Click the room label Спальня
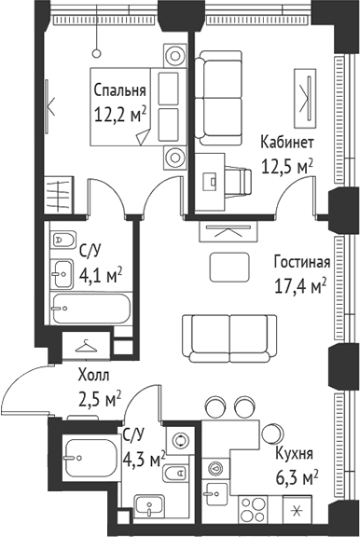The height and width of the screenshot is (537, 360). point(120,90)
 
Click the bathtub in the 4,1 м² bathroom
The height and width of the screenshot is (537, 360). point(88,307)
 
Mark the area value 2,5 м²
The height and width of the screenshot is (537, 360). point(99,398)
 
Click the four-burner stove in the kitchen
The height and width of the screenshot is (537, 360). point(255,510)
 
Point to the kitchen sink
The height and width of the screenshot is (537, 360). point(217,472)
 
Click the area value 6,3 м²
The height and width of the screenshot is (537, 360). point(298,476)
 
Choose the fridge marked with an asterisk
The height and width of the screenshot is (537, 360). point(298,511)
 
